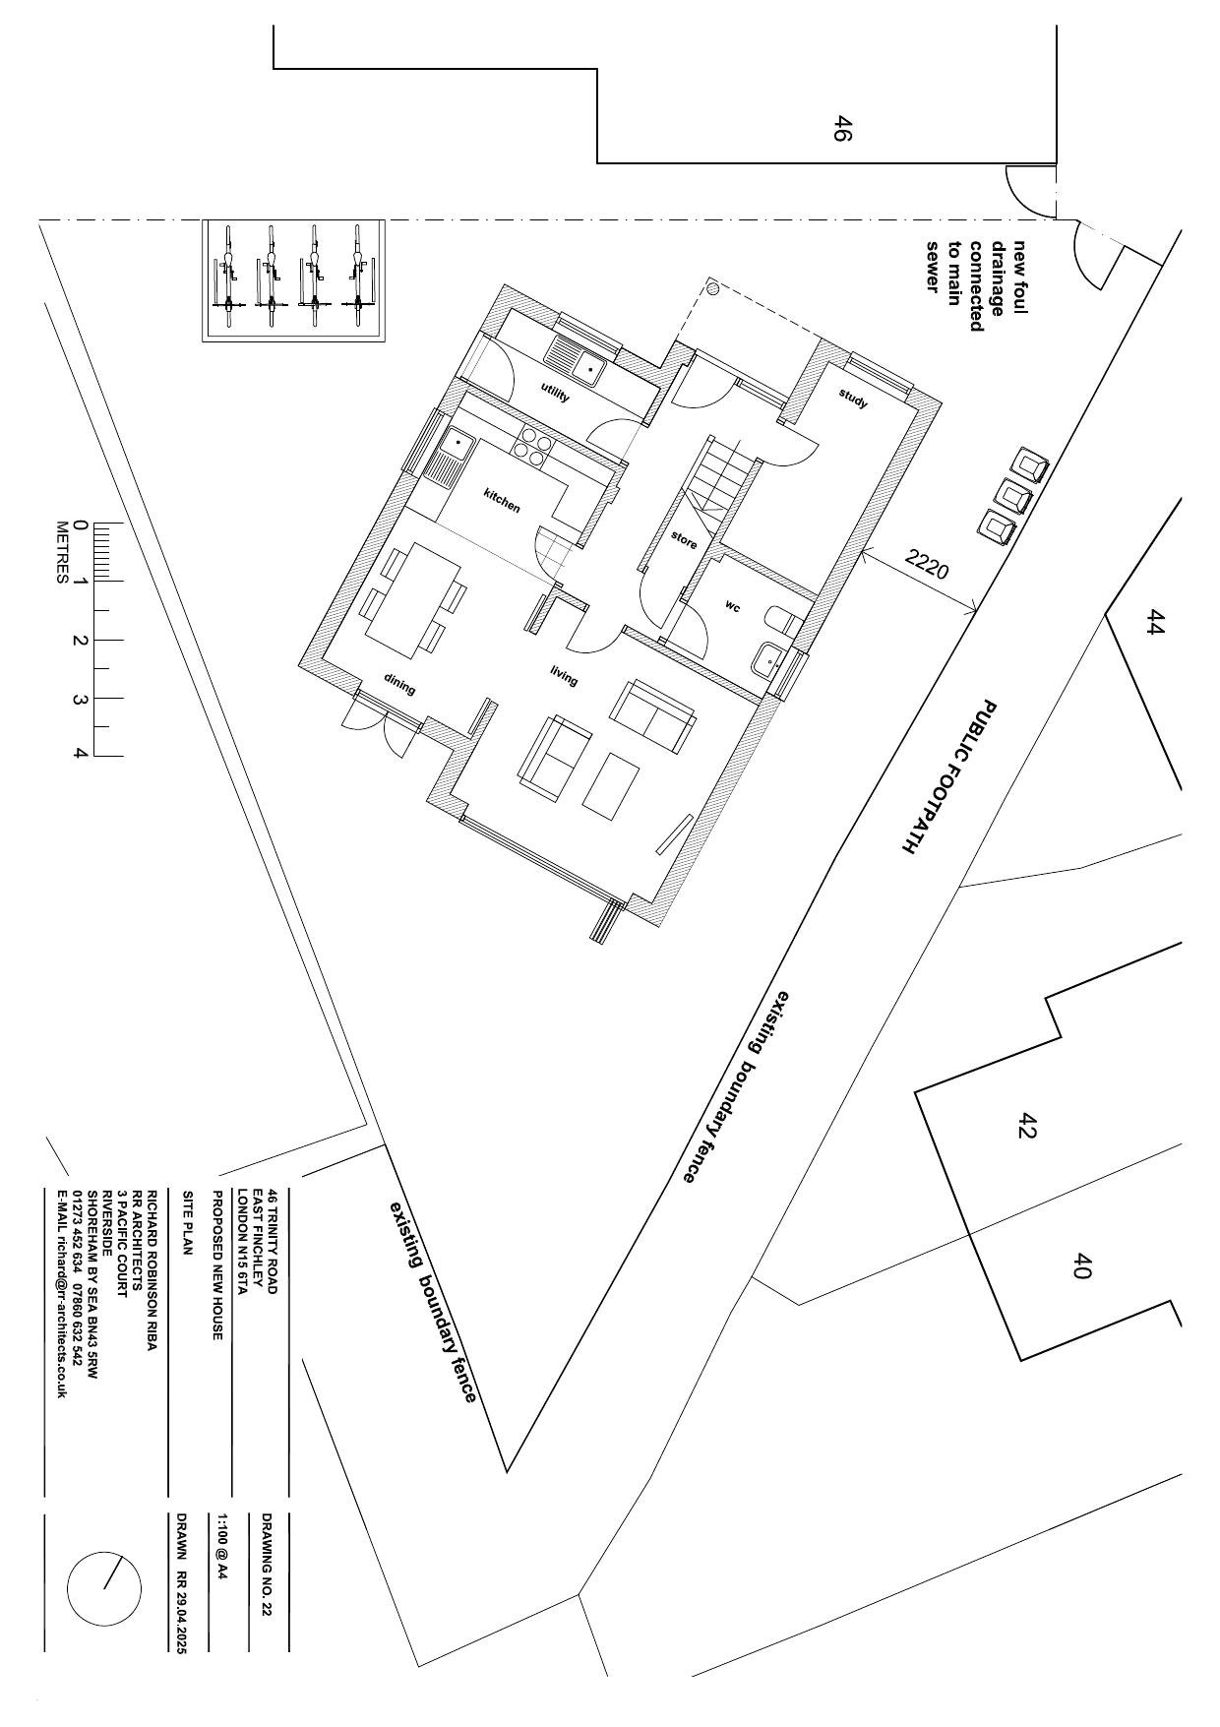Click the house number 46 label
point(841,129)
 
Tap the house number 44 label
point(1155,623)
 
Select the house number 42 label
point(1027,1126)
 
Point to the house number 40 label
point(1081,1265)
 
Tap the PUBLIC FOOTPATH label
point(947,777)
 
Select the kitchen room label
point(502,501)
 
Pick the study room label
point(854,399)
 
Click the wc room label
point(733,605)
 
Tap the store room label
point(684,540)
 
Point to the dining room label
point(399,686)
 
